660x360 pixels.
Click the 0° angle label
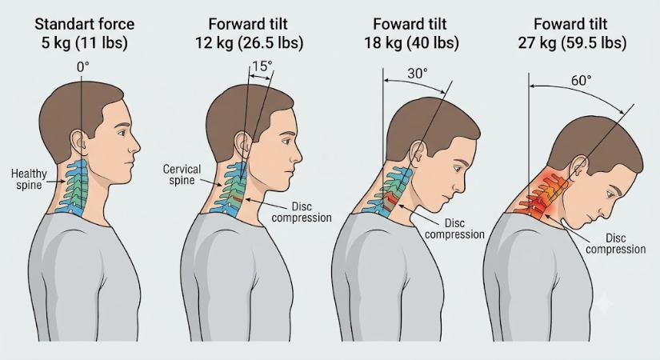point(83,66)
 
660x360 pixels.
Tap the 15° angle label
point(262,66)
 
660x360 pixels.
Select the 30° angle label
point(417,74)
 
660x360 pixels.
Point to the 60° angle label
point(582,80)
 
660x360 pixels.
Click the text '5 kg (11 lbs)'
point(84,43)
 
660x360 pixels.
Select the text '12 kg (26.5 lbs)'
point(249,43)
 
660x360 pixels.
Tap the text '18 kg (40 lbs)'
point(411,43)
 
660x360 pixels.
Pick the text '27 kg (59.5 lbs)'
point(572,43)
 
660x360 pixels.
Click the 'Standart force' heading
point(84,23)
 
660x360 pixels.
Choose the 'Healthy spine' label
point(29,179)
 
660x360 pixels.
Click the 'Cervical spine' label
point(182,174)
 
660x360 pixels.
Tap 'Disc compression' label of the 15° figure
point(302,212)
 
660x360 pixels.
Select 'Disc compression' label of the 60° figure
point(615,244)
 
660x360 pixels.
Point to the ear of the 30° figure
point(417,151)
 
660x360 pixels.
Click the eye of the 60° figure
point(609,194)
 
